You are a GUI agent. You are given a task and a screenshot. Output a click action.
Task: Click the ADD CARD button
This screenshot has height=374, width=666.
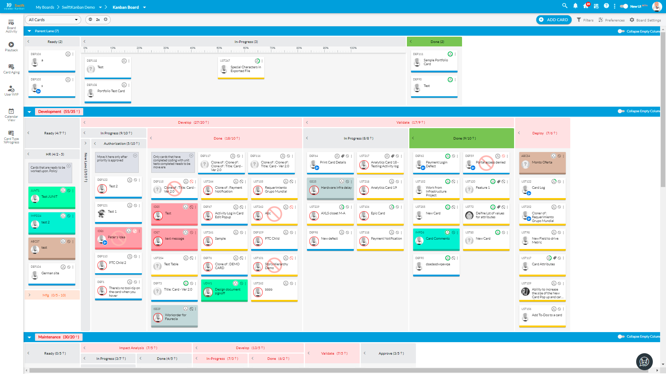coord(554,20)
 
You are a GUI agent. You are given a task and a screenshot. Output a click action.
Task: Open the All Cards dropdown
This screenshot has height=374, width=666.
coord(53,20)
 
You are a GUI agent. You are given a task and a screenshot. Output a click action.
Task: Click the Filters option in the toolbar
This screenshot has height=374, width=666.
coord(585,20)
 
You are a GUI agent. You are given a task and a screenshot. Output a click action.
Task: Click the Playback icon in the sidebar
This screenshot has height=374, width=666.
coord(11,45)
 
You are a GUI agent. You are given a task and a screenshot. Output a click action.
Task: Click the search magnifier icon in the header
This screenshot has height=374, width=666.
coord(565,6)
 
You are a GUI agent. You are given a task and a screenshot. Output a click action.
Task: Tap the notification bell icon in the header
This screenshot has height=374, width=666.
coord(575,6)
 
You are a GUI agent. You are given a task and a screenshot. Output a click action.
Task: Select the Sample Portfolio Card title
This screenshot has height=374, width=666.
coord(435,62)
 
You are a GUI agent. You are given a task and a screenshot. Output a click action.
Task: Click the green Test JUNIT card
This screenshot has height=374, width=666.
coord(52,197)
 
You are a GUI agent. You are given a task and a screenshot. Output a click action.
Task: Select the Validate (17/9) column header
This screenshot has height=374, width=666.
coord(410,122)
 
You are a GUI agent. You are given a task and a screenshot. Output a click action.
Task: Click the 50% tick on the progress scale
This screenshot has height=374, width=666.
coord(219,48)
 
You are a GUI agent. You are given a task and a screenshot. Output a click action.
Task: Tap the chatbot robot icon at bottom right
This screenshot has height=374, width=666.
coord(644,362)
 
